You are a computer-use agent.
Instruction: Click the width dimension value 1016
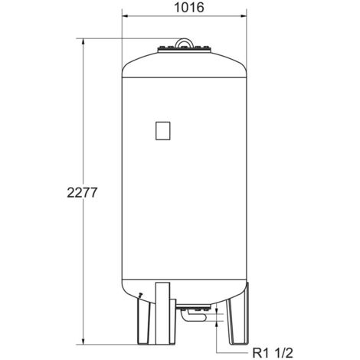pos(189,8)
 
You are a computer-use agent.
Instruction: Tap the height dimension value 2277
pos(82,192)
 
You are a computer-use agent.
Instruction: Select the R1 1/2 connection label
pos(273,353)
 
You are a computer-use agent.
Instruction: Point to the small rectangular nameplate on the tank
pos(163,131)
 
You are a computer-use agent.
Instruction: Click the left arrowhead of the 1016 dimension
pos(126,16)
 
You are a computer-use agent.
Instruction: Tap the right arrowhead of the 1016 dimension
pos(243,16)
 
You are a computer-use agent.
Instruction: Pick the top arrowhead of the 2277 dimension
pos(83,42)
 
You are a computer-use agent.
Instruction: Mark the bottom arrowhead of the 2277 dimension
pos(83,341)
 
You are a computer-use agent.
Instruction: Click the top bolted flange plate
pos(184,49)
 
